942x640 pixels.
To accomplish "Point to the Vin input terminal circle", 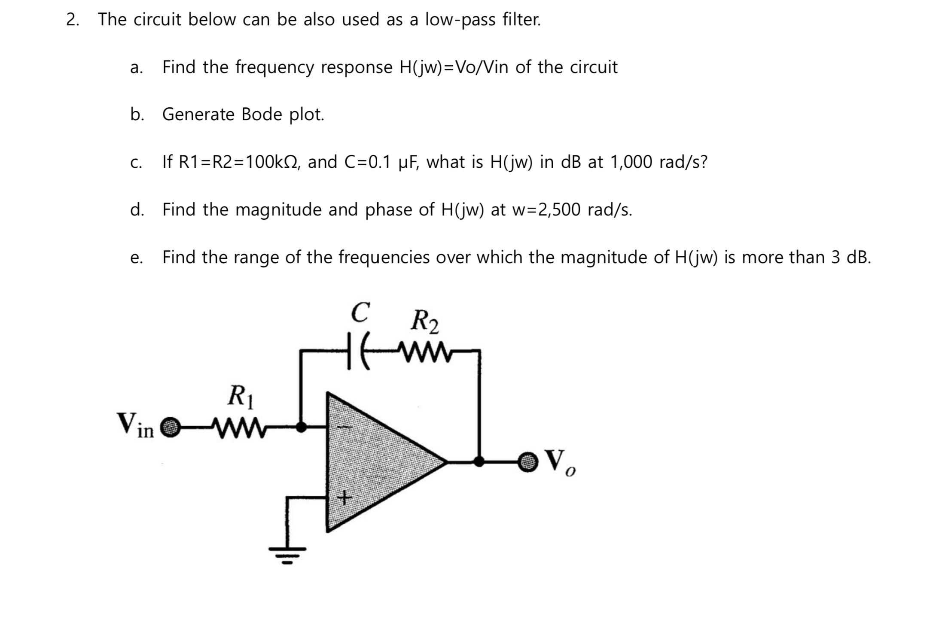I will [x=171, y=427].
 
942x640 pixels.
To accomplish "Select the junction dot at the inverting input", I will [x=302, y=427].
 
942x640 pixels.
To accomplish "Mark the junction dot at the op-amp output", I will [x=479, y=462].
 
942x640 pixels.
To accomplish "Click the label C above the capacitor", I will [x=360, y=312].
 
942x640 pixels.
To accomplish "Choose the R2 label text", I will [x=424, y=321].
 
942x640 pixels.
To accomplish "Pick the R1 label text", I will [x=241, y=396].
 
